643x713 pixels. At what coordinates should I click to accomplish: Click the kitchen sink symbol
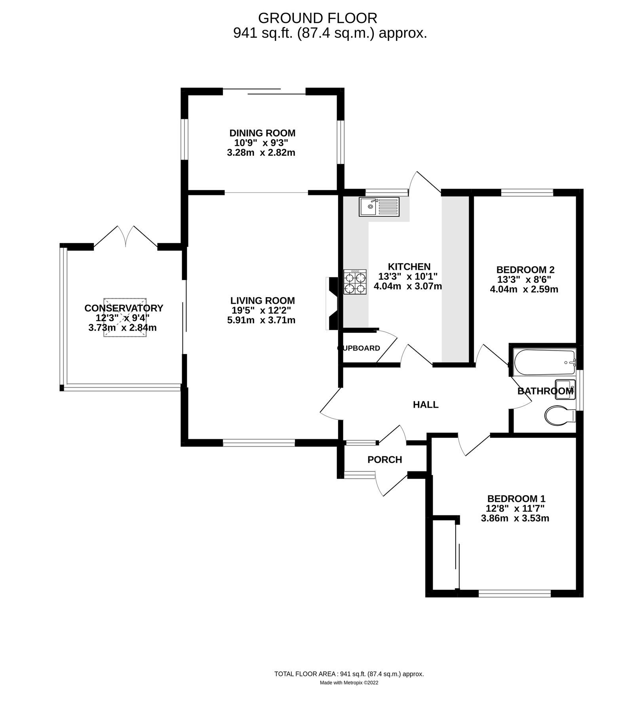point(379,207)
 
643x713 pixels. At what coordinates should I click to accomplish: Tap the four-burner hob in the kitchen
point(355,282)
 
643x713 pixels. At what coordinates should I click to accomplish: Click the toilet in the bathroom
point(559,416)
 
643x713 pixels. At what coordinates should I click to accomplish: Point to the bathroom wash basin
point(565,390)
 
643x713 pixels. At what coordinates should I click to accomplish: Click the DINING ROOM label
point(262,133)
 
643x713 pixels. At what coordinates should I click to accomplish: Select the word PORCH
point(384,459)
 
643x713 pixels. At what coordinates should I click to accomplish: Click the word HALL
point(426,404)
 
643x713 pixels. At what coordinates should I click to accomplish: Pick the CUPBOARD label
point(359,348)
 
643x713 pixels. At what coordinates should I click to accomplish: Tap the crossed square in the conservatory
point(125,318)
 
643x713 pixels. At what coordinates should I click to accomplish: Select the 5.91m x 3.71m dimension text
point(261,320)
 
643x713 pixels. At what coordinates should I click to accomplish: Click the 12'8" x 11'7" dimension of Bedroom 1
point(515,508)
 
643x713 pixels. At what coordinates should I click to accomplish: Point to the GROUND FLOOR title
point(318,18)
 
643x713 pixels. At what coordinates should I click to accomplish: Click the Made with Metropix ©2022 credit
point(349,682)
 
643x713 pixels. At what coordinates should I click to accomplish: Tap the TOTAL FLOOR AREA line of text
point(349,674)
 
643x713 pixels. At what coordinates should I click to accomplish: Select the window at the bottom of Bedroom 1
point(515,593)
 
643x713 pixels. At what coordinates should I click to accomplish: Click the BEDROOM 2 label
point(525,270)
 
